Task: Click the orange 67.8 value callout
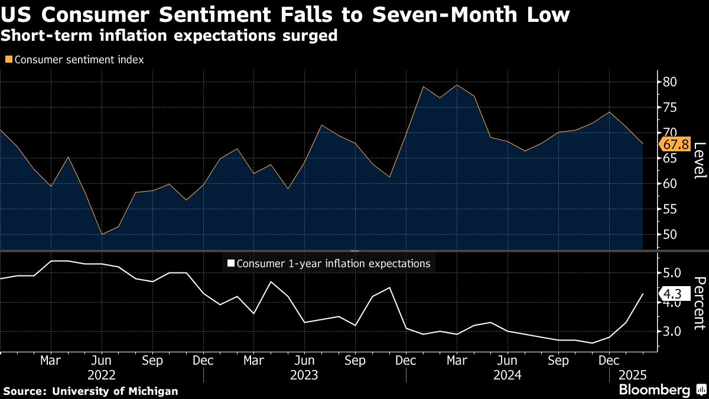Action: [675, 145]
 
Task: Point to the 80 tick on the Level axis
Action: [671, 82]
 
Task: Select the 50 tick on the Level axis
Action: [671, 235]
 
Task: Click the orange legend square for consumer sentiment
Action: [8, 60]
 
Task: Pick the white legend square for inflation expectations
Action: [231, 264]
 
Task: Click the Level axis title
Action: [699, 161]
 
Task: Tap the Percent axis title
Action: [699, 303]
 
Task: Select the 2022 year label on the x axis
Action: [102, 375]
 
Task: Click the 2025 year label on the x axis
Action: [633, 375]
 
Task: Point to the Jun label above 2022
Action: [102, 360]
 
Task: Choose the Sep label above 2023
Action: [354, 360]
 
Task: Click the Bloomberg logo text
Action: [654, 390]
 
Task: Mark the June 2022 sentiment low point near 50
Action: [102, 234]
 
